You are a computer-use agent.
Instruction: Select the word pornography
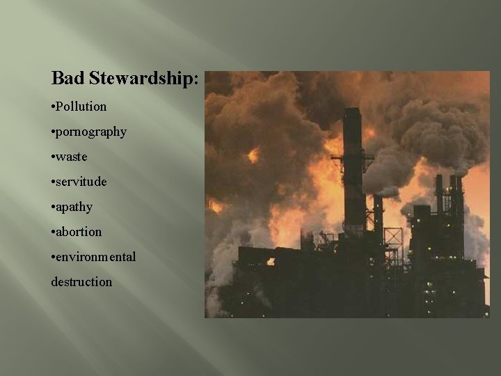[x=91, y=132]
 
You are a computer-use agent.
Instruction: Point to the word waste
[x=72, y=157]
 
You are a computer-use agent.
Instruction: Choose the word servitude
[x=81, y=182]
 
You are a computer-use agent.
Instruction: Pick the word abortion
[x=79, y=232]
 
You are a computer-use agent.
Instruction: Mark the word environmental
[x=96, y=257]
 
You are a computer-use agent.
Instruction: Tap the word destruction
[x=81, y=282]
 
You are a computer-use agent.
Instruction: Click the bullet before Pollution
[x=53, y=107]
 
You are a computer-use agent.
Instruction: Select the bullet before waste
[x=53, y=157]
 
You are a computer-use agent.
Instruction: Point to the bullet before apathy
[x=53, y=207]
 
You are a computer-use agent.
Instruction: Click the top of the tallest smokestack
[x=352, y=111]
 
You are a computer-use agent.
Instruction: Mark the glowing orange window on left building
[x=270, y=261]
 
